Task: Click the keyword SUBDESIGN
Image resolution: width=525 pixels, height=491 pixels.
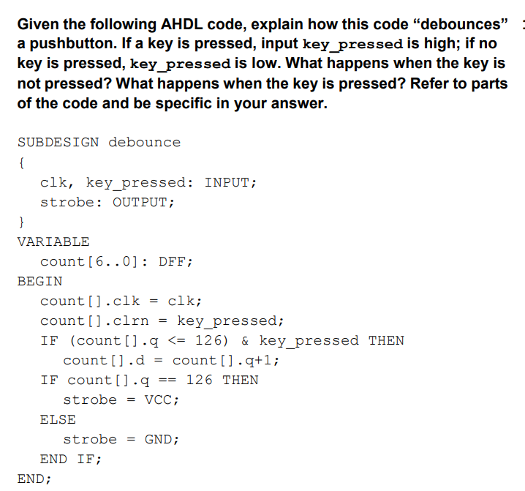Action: click(58, 142)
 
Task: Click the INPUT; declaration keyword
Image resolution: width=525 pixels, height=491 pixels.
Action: click(230, 182)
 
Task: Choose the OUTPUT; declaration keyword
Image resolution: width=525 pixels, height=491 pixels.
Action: click(143, 202)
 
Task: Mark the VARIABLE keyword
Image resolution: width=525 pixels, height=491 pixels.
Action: click(53, 241)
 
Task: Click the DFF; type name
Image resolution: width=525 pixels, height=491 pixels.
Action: click(175, 261)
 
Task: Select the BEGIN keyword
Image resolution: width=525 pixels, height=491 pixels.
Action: click(39, 281)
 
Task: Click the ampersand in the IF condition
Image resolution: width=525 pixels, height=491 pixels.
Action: click(245, 340)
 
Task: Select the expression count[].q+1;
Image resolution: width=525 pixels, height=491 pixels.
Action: click(226, 360)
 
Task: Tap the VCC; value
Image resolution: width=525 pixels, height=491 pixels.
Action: click(162, 400)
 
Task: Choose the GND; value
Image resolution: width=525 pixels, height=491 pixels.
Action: click(162, 439)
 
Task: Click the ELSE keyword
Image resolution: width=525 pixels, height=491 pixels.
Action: click(58, 419)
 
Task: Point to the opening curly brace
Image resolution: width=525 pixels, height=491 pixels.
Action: click(23, 162)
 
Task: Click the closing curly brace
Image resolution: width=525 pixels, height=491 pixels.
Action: click(23, 222)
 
